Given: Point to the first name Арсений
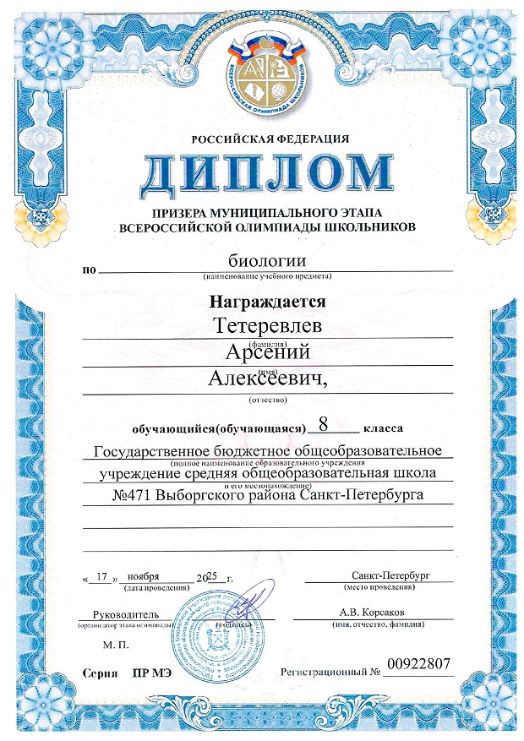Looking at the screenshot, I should tap(268, 353).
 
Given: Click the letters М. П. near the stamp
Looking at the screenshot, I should tap(114, 645).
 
